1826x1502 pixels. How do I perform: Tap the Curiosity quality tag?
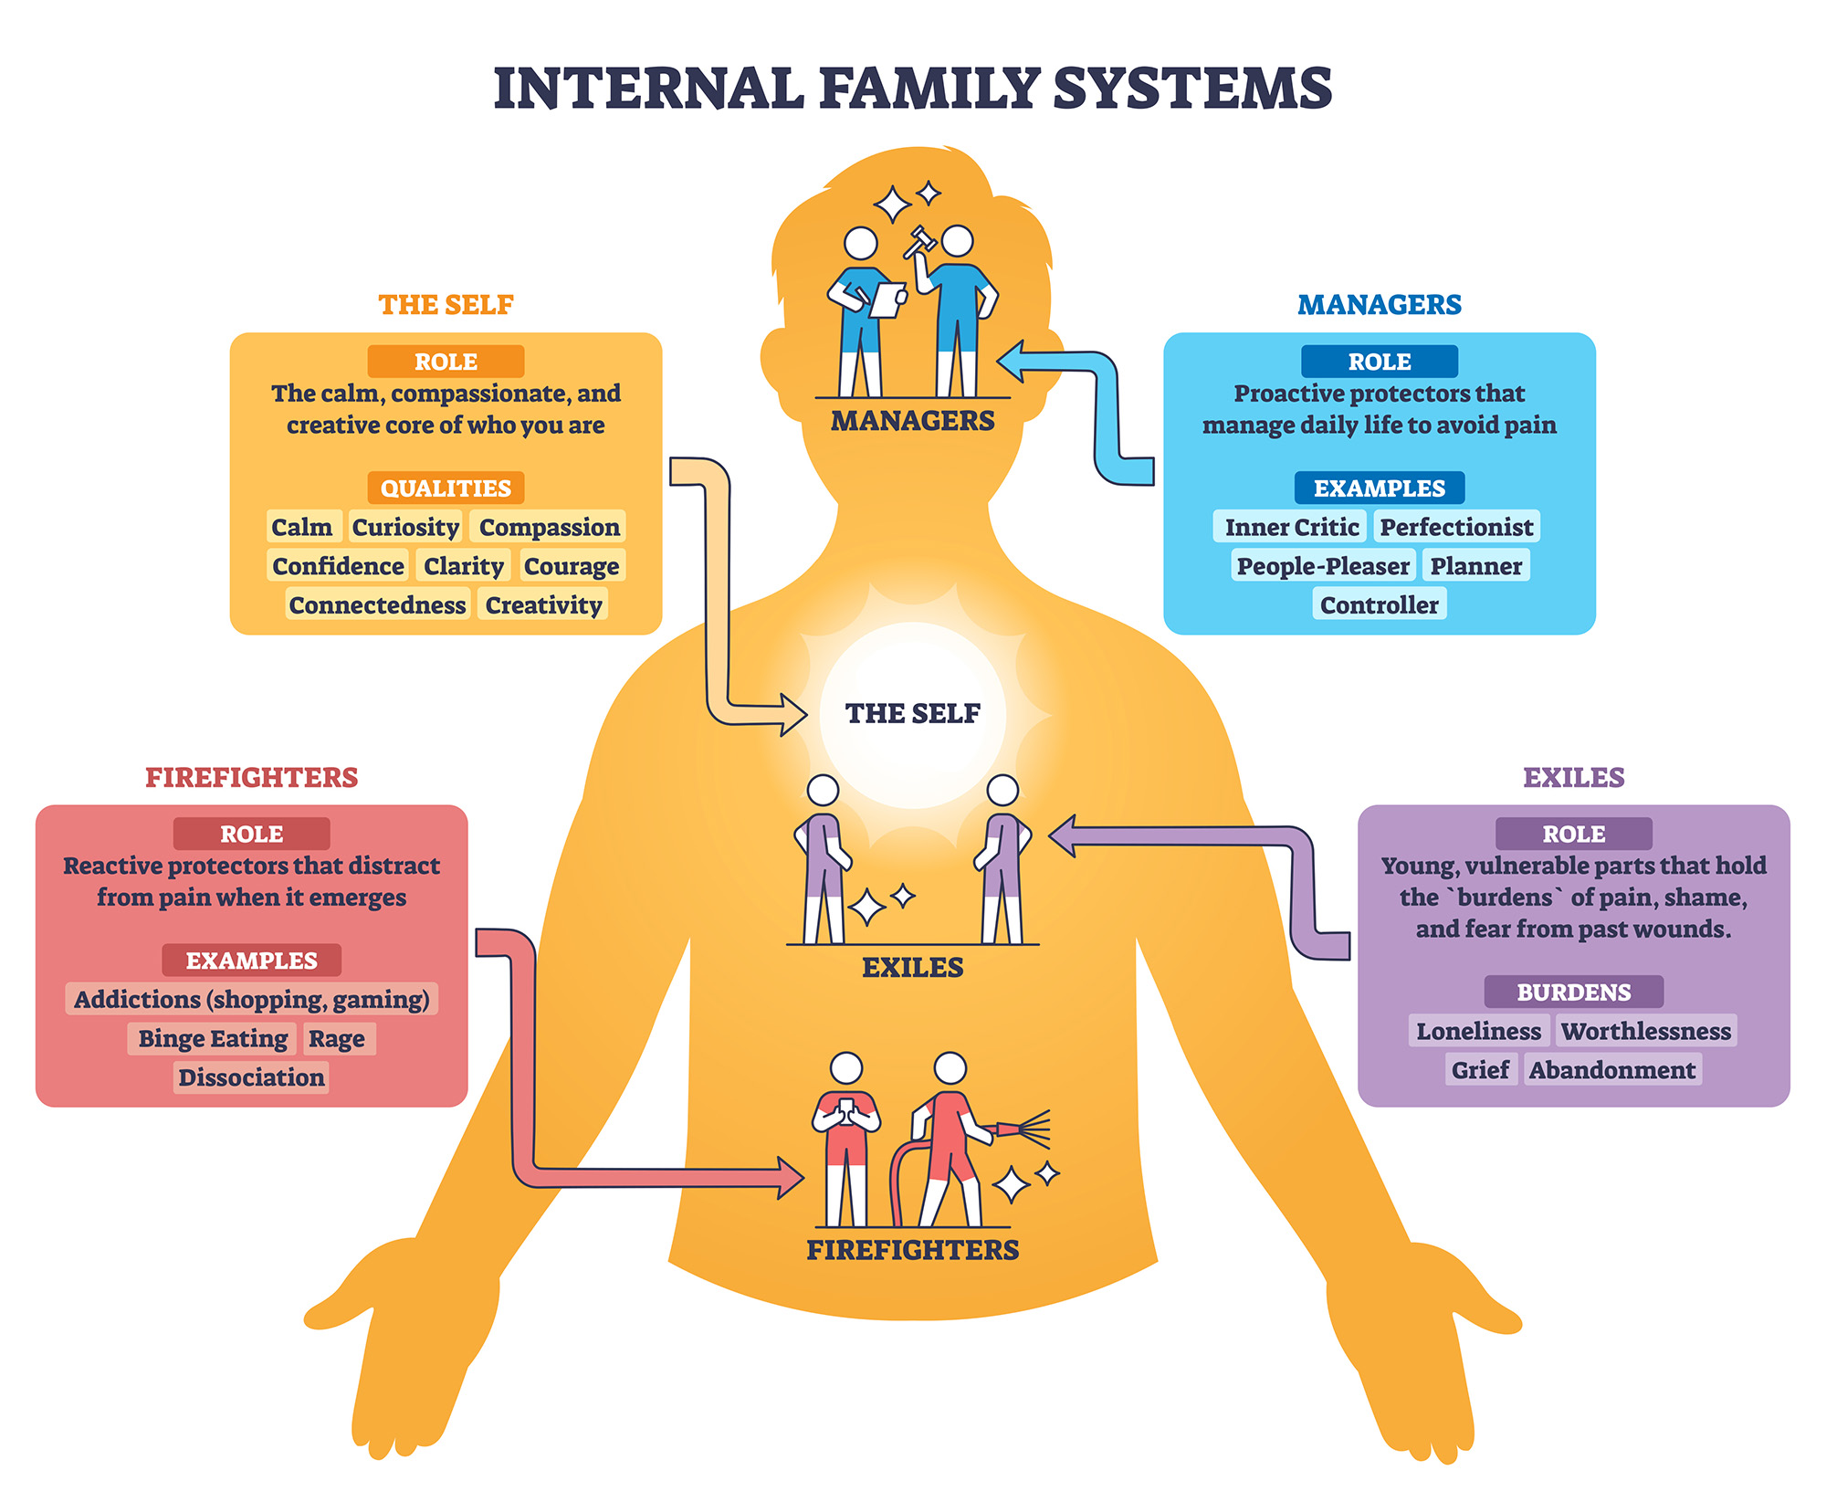(x=405, y=527)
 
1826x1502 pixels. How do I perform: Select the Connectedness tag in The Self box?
(x=377, y=604)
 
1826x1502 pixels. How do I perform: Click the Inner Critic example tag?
(x=1291, y=527)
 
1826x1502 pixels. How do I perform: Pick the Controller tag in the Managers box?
(x=1379, y=604)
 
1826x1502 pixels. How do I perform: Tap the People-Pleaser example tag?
(x=1322, y=566)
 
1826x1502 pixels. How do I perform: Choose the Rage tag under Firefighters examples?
(x=337, y=1038)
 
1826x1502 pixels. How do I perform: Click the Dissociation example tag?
(x=251, y=1077)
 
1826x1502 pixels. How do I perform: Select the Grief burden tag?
(x=1480, y=1069)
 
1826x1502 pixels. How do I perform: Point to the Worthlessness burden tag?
(x=1645, y=1031)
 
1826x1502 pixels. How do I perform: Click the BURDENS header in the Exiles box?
(x=1573, y=992)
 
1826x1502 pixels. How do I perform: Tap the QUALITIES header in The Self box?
(x=446, y=488)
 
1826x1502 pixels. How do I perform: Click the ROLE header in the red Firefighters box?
(x=251, y=834)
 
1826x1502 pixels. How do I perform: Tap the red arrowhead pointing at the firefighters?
(x=790, y=1178)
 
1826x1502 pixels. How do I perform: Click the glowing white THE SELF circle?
(x=913, y=714)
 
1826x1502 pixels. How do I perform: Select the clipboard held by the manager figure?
(x=887, y=299)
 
